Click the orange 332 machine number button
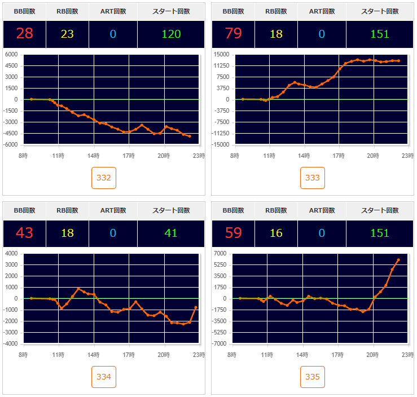(104, 178)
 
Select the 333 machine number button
(313, 178)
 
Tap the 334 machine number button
(104, 377)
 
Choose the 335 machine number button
(313, 377)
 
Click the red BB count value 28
(24, 34)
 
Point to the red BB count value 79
(233, 34)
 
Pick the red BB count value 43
(24, 233)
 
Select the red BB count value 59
(233, 233)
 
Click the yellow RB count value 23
(67, 34)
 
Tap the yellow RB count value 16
(276, 233)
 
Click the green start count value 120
(171, 34)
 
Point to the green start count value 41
(171, 233)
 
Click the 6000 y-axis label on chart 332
(11, 54)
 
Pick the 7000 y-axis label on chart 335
(220, 253)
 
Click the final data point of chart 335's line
(398, 260)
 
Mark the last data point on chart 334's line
(196, 307)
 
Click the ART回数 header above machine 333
(322, 11)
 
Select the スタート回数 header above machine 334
(171, 210)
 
